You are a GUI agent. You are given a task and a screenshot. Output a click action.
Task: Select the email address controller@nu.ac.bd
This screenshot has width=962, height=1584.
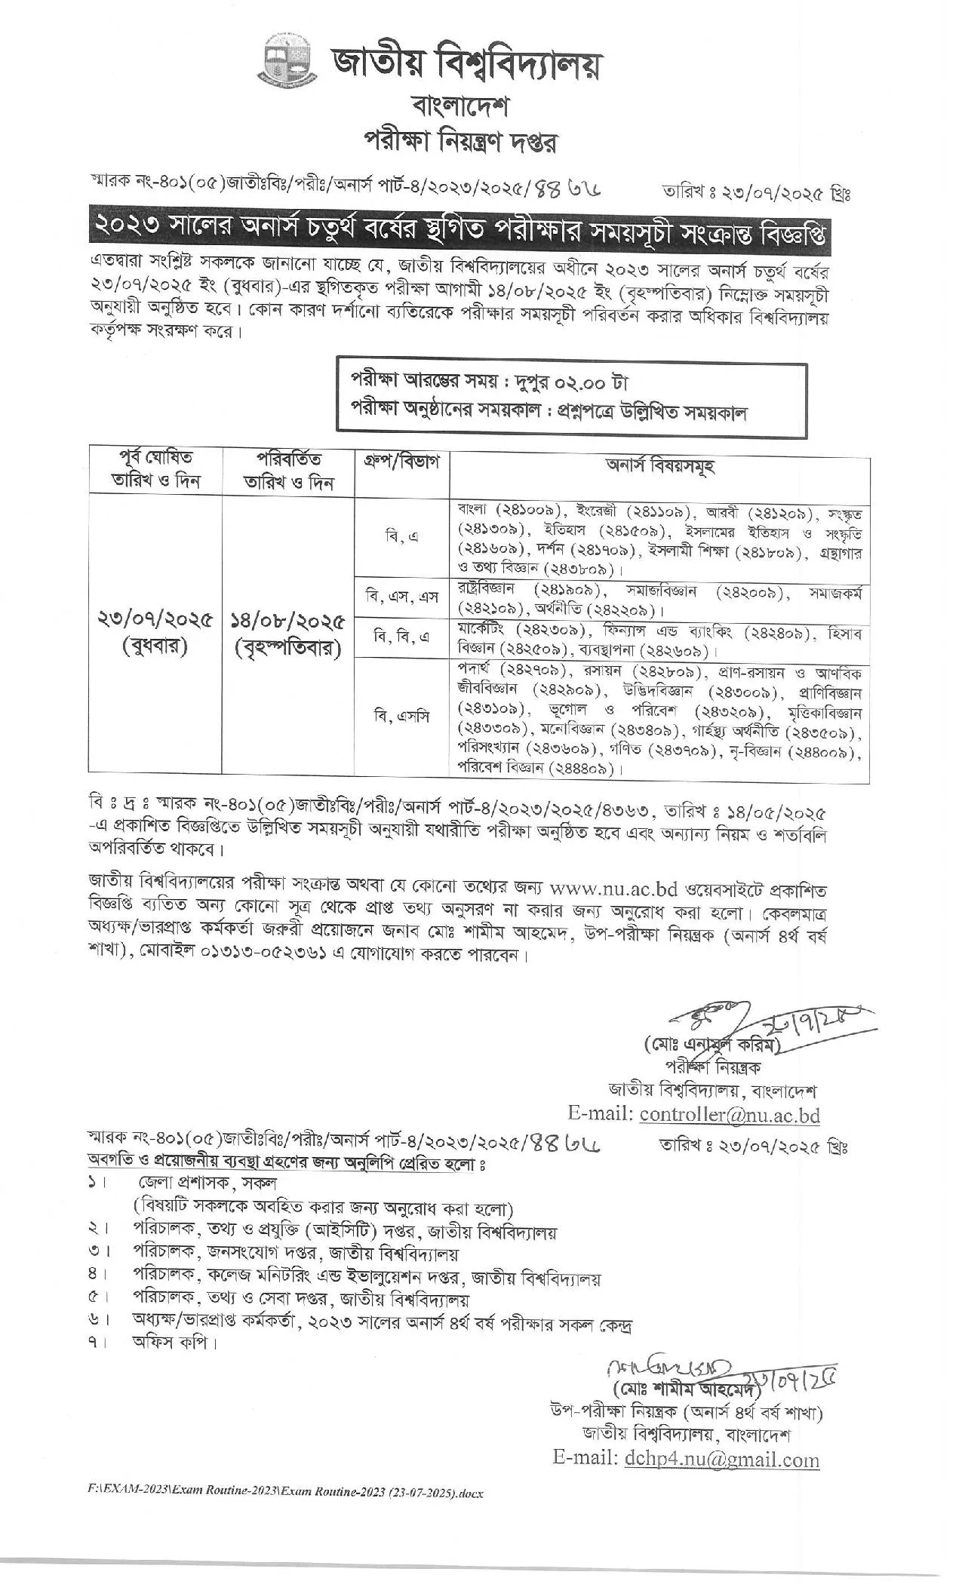pos(729,1115)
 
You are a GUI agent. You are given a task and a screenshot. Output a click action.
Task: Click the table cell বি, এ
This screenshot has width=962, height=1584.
pos(401,536)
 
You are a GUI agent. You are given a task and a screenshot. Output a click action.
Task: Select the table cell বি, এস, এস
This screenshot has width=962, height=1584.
pos(401,597)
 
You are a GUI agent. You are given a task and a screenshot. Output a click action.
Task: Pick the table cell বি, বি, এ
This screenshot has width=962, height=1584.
pos(401,637)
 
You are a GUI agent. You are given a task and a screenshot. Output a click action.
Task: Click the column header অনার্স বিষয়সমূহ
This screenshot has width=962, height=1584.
pos(660,465)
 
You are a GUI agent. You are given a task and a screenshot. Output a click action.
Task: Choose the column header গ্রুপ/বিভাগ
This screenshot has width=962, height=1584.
pos(401,459)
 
